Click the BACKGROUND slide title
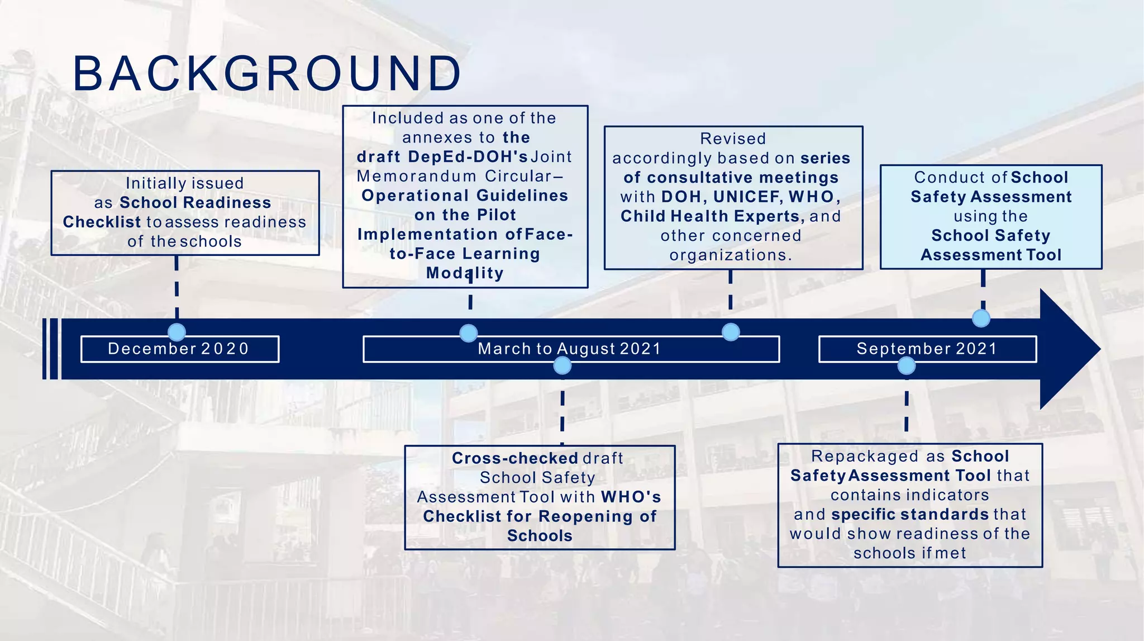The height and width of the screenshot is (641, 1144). [x=267, y=74]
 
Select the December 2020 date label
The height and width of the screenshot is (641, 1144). [x=179, y=349]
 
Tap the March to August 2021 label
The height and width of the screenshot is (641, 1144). [x=570, y=349]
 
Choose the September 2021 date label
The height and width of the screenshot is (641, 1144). [x=927, y=349]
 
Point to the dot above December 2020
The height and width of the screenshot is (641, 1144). [x=177, y=332]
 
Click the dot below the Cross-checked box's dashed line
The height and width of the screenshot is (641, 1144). [x=562, y=365]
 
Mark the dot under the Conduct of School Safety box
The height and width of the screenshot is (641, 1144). [x=981, y=319]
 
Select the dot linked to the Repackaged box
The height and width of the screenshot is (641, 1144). [x=906, y=366]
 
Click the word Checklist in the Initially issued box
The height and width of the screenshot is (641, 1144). [x=102, y=222]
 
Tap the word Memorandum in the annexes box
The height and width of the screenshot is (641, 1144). [x=416, y=177]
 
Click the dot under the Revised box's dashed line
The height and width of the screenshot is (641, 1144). [x=731, y=332]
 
